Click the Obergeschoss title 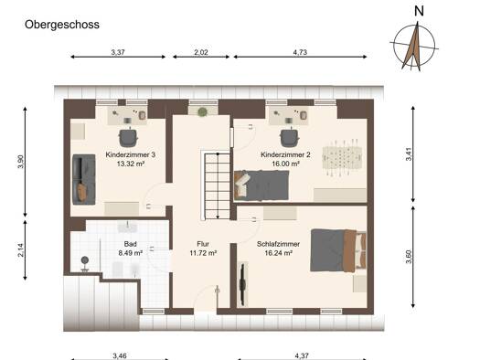[62, 25]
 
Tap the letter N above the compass [419, 11]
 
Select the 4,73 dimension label [300, 52]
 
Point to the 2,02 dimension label [201, 52]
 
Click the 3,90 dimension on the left [20, 162]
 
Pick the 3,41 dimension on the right [409, 154]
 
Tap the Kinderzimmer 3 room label [131, 154]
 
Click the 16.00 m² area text [285, 164]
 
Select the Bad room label [131, 244]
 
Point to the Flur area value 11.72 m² [203, 253]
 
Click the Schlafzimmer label [278, 244]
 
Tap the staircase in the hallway [217, 186]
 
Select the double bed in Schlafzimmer [338, 250]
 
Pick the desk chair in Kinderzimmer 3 [128, 137]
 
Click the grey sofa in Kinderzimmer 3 [84, 179]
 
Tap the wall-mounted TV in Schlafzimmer [243, 284]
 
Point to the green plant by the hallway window [202, 112]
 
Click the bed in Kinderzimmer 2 [261, 185]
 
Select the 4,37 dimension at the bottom [302, 355]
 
